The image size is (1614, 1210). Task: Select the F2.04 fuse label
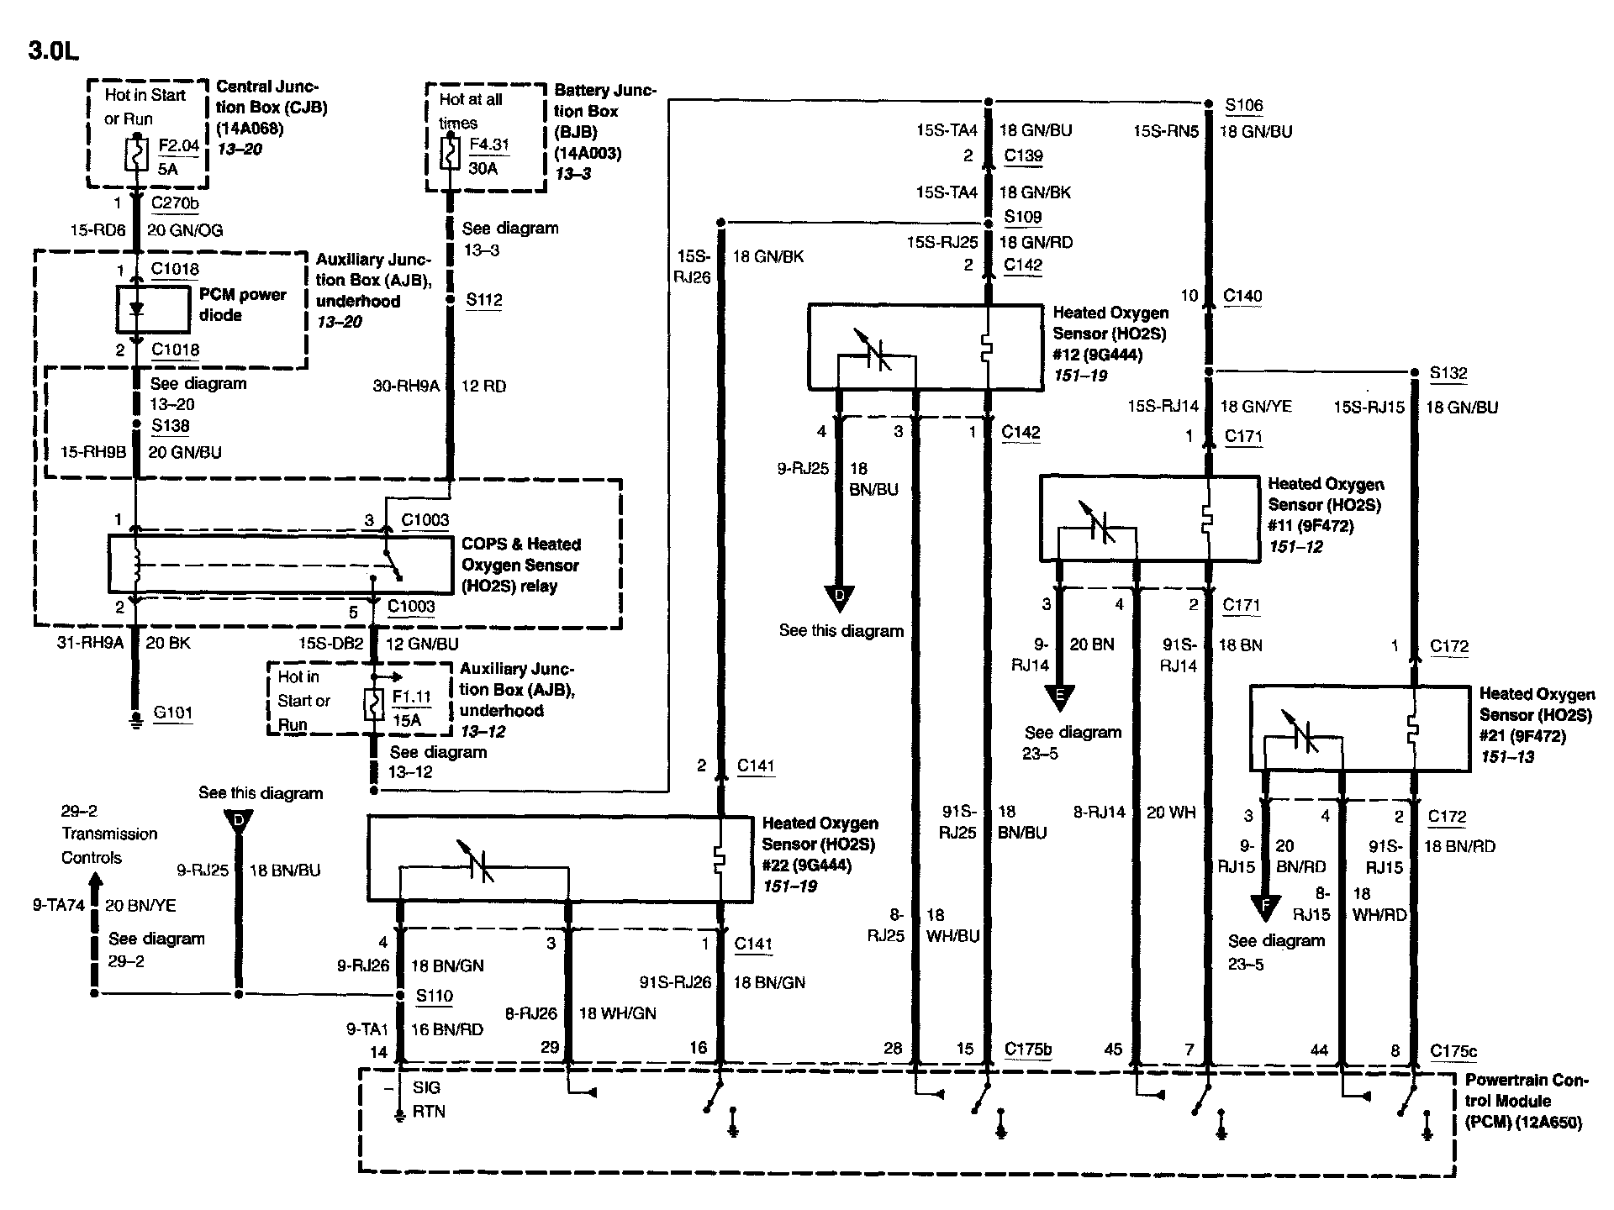pos(178,145)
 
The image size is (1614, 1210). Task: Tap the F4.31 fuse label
pos(488,144)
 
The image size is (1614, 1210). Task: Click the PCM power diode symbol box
pos(152,308)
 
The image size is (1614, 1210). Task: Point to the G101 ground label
pos(172,713)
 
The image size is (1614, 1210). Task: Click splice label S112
pos(483,300)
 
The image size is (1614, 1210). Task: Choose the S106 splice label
pos(1243,105)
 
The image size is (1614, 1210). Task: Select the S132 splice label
pos(1448,373)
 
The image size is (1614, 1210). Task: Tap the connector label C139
pos(1023,155)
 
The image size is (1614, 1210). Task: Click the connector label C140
pos(1242,295)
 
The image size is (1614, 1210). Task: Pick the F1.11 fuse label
pos(411,697)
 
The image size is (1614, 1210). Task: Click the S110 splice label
pos(434,996)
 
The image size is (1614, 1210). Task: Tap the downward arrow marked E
pos(1059,697)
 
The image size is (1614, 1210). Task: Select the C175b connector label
pos(1028,1049)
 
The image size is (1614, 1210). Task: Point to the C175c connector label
pos(1453,1050)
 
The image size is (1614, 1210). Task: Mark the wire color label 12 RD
pos(483,386)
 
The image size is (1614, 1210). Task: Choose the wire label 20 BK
pos(169,643)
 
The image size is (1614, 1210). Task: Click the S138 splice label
pos(170,426)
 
